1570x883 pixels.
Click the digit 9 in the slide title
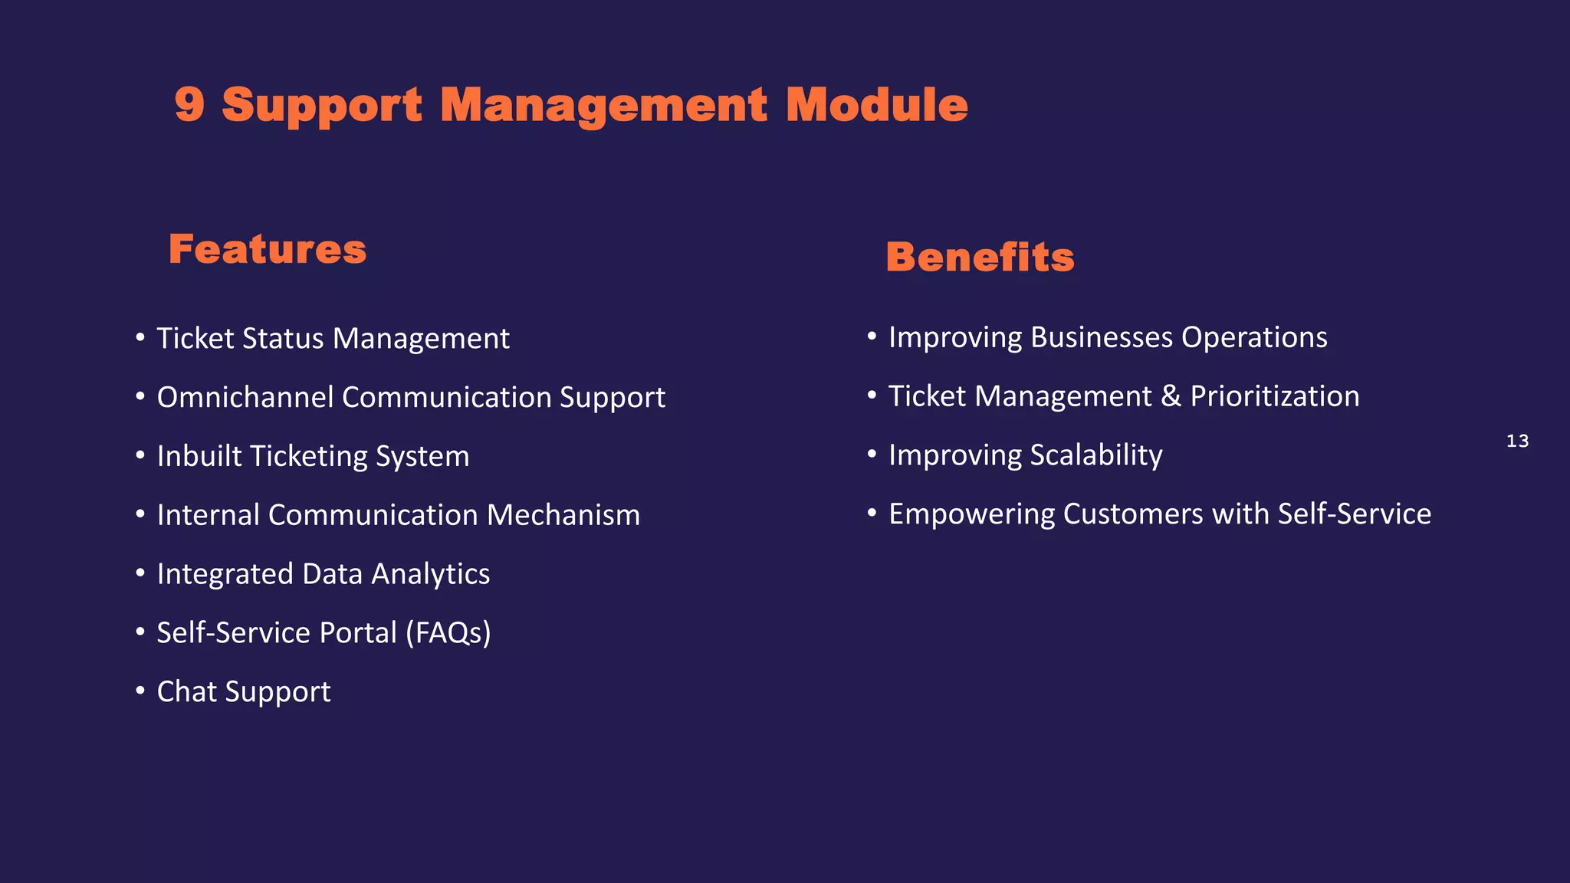[x=189, y=104]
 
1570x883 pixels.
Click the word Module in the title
[x=876, y=104]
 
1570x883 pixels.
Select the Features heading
[x=268, y=249]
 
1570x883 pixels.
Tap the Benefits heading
[x=980, y=257]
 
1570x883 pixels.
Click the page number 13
[x=1517, y=441]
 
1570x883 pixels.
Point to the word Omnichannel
[x=245, y=397]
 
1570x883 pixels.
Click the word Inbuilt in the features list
[x=199, y=456]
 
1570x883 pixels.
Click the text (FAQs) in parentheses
[x=448, y=633]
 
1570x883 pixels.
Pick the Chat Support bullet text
[x=243, y=692]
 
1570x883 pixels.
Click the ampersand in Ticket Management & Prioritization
[x=1171, y=396]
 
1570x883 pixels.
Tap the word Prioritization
[x=1274, y=396]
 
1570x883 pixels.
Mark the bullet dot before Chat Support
[x=140, y=691]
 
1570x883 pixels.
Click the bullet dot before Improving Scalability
[x=872, y=454]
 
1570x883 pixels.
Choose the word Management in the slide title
[x=603, y=104]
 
